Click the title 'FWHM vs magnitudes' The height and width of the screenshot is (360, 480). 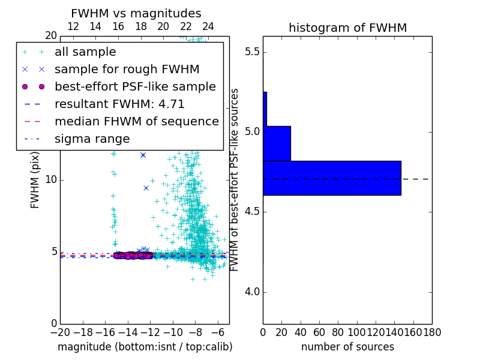136,14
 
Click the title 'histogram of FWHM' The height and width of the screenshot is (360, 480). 347,28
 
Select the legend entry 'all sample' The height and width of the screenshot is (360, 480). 85,52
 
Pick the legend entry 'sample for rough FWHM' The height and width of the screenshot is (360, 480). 127,69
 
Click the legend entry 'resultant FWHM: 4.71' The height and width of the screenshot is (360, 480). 119,104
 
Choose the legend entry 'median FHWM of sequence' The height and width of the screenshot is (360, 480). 137,121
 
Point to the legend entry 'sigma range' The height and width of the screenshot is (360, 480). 92,139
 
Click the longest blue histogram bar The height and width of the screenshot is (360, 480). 332,178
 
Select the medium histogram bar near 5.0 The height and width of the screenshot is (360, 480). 277,143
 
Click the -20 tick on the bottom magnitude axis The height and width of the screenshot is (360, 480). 60,332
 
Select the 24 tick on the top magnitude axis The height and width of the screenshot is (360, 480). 208,26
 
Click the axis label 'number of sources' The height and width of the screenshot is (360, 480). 347,347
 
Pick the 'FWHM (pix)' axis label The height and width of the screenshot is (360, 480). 35,180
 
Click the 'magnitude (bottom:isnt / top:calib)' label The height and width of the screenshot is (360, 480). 145,347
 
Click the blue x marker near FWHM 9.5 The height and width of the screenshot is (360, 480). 146,188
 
